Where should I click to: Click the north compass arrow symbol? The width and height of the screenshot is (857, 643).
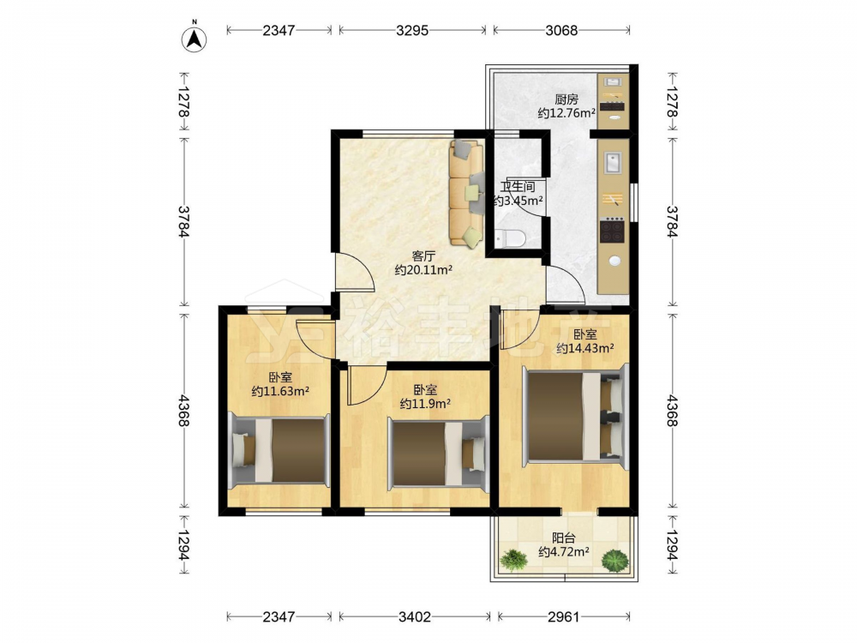tap(194, 38)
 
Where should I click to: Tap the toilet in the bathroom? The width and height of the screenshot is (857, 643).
tap(510, 237)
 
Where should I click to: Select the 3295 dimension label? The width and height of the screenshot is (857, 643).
tap(412, 30)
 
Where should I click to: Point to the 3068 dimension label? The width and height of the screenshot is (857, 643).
tap(561, 30)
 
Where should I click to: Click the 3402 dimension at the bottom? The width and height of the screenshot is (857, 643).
tap(414, 616)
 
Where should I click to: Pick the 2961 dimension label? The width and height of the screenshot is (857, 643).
tap(564, 616)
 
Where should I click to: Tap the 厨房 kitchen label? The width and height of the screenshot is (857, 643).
tap(566, 99)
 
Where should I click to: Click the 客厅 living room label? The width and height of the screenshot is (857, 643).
tap(423, 255)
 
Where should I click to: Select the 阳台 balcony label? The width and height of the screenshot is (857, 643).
tap(564, 538)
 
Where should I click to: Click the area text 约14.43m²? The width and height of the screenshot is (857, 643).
tap(584, 348)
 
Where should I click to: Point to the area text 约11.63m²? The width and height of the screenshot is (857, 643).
tap(280, 391)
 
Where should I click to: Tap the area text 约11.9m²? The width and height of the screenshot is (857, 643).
tap(425, 404)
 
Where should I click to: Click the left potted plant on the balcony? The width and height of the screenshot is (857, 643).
tap(513, 559)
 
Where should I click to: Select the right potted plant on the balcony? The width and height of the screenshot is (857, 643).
tap(615, 561)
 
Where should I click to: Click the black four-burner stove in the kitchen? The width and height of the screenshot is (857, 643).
tap(612, 230)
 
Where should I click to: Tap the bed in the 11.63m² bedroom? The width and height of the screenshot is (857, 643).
tap(279, 450)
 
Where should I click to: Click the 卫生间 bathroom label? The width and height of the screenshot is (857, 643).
tap(518, 186)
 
